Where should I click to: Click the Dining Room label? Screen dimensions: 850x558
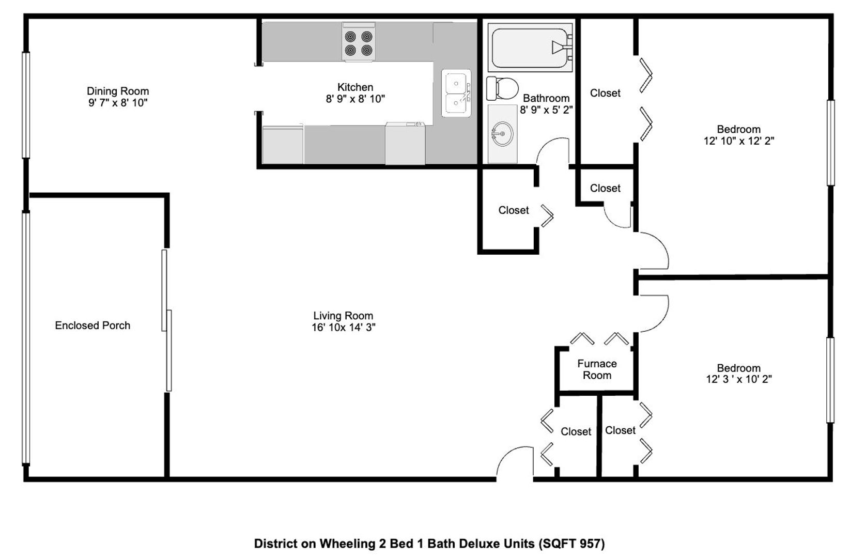pos(118,91)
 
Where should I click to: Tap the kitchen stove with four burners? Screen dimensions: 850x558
pos(359,42)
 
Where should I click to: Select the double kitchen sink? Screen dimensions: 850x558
pos(456,93)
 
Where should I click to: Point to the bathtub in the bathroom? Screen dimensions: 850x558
pos(530,48)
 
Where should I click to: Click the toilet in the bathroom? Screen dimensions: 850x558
pos(502,88)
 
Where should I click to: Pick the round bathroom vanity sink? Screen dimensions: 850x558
pos(502,133)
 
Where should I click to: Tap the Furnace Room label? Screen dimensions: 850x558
pos(597,369)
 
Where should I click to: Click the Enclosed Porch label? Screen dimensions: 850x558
pos(92,326)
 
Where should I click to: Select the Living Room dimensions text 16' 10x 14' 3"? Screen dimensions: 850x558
pos(344,328)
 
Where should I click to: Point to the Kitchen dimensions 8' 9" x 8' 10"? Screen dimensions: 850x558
pos(355,99)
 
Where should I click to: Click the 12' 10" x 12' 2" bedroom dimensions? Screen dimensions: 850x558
pos(739,141)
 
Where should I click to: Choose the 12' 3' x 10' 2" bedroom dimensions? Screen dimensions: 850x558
pos(739,379)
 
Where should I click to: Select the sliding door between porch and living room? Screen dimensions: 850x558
pos(166,320)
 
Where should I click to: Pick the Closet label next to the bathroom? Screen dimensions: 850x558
pos(605,93)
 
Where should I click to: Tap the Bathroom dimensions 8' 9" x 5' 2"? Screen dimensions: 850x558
pos(546,110)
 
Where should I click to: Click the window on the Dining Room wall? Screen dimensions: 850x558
pos(26,105)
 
